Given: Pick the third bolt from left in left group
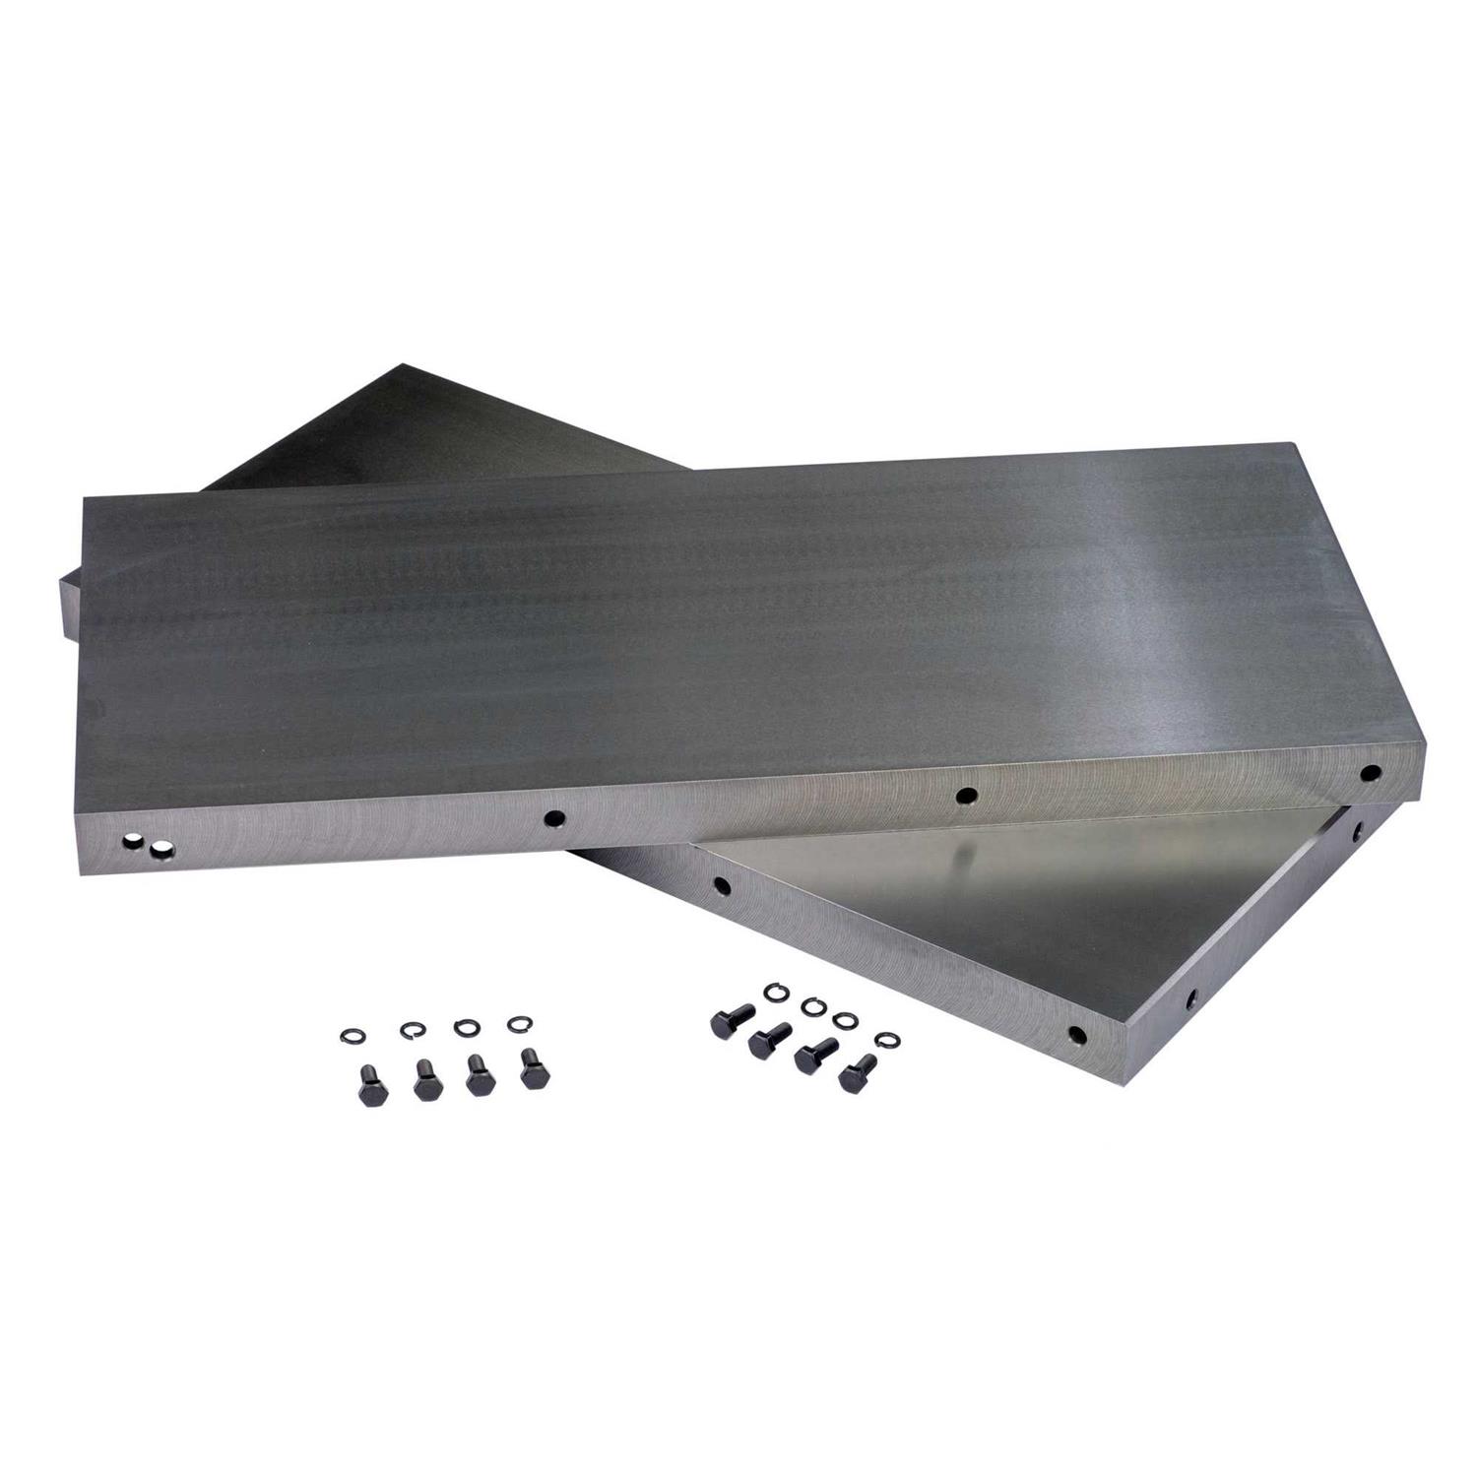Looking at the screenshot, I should (x=480, y=1076).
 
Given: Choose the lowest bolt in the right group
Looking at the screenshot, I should (x=859, y=1070).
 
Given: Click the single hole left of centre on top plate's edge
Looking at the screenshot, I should (x=555, y=817).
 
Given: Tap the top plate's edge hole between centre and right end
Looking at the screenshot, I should (x=966, y=794).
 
